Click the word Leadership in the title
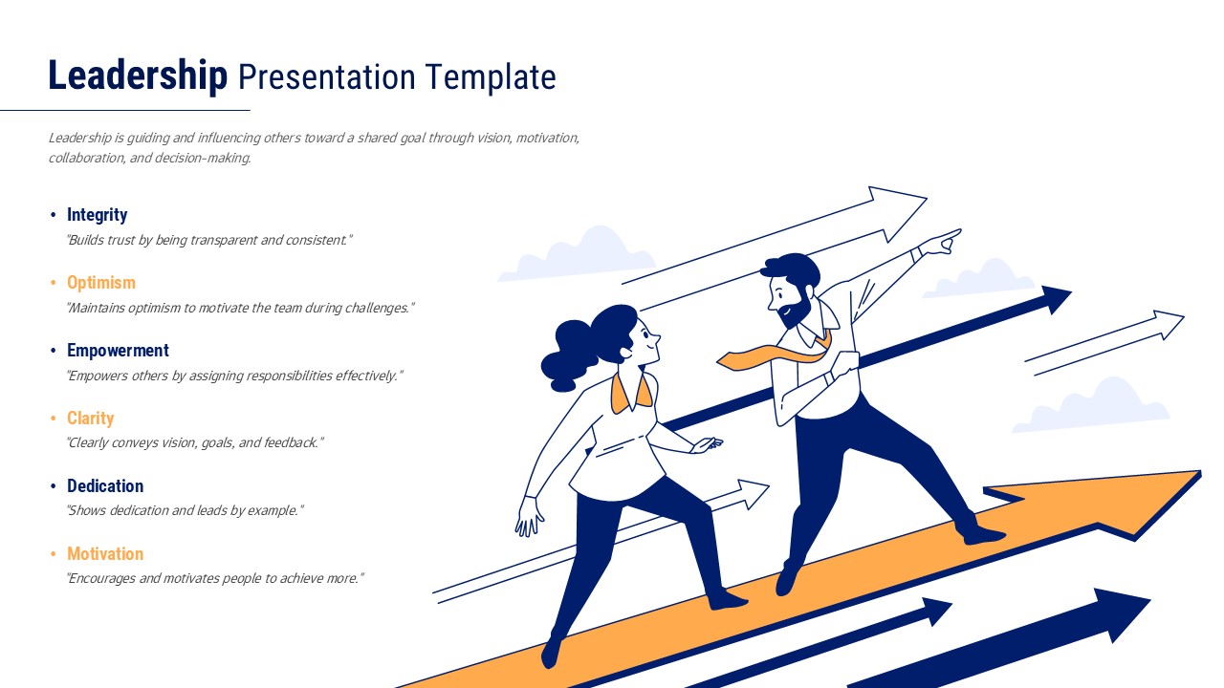(x=138, y=76)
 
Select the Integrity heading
(x=97, y=215)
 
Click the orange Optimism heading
(x=101, y=283)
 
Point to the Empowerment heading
(x=118, y=351)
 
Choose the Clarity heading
(x=90, y=419)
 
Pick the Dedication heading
(x=105, y=486)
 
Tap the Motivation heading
(x=105, y=554)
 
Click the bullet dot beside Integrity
(x=54, y=215)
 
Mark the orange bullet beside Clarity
(x=54, y=419)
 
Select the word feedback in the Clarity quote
(x=288, y=443)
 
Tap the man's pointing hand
(x=944, y=240)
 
